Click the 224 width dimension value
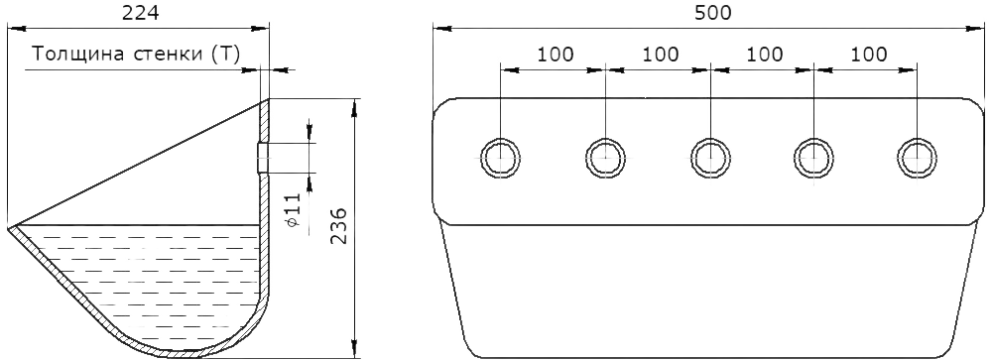pos(140,13)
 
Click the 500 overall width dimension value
pos(712,13)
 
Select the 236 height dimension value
pos(338,226)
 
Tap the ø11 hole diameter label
pos(293,210)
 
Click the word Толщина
pos(79,55)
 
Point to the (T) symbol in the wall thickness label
pos(225,55)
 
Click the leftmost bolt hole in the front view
pos(500,158)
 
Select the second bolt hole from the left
pos(605,158)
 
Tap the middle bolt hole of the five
pos(710,158)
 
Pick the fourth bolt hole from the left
pos(813,158)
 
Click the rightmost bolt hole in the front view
pos(917,158)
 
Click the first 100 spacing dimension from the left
pos(556,55)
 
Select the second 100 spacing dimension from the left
pos(661,55)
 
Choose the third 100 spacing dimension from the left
pos(764,55)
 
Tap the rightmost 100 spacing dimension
pos(869,55)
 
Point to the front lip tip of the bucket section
pos(9,227)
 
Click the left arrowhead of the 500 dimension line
pos(442,28)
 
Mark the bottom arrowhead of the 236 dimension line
pos(354,349)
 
